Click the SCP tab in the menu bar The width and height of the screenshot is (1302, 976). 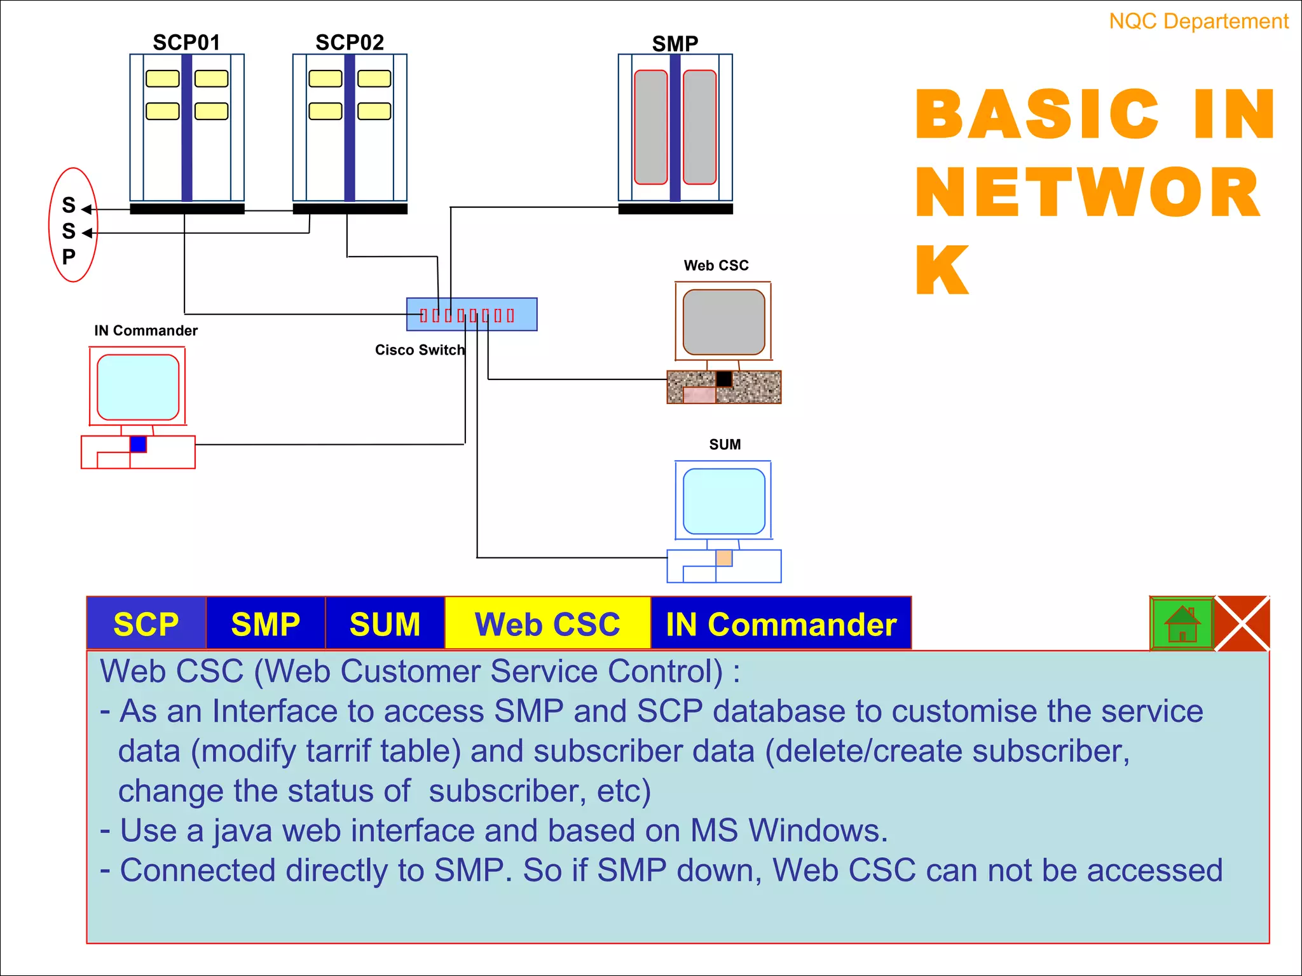146,623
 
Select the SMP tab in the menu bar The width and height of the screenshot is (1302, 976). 265,623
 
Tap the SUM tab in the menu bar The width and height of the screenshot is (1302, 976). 385,623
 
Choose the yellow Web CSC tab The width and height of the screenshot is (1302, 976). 547,623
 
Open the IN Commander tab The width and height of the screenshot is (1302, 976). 781,623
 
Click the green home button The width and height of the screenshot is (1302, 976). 1182,623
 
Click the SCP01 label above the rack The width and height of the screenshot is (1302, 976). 186,43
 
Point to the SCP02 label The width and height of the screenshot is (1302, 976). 350,43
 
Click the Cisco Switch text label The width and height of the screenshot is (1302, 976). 420,350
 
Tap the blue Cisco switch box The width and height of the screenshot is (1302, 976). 472,315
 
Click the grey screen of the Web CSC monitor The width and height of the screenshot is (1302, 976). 723,322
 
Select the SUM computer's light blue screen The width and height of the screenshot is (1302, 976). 723,501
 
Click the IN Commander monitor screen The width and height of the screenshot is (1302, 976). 138,387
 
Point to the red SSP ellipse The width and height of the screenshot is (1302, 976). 73,225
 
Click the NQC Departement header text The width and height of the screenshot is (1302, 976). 1198,22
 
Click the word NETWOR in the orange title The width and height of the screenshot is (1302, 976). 1087,193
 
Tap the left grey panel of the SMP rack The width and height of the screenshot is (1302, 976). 650,127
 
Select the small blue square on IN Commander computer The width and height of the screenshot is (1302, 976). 138,444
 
